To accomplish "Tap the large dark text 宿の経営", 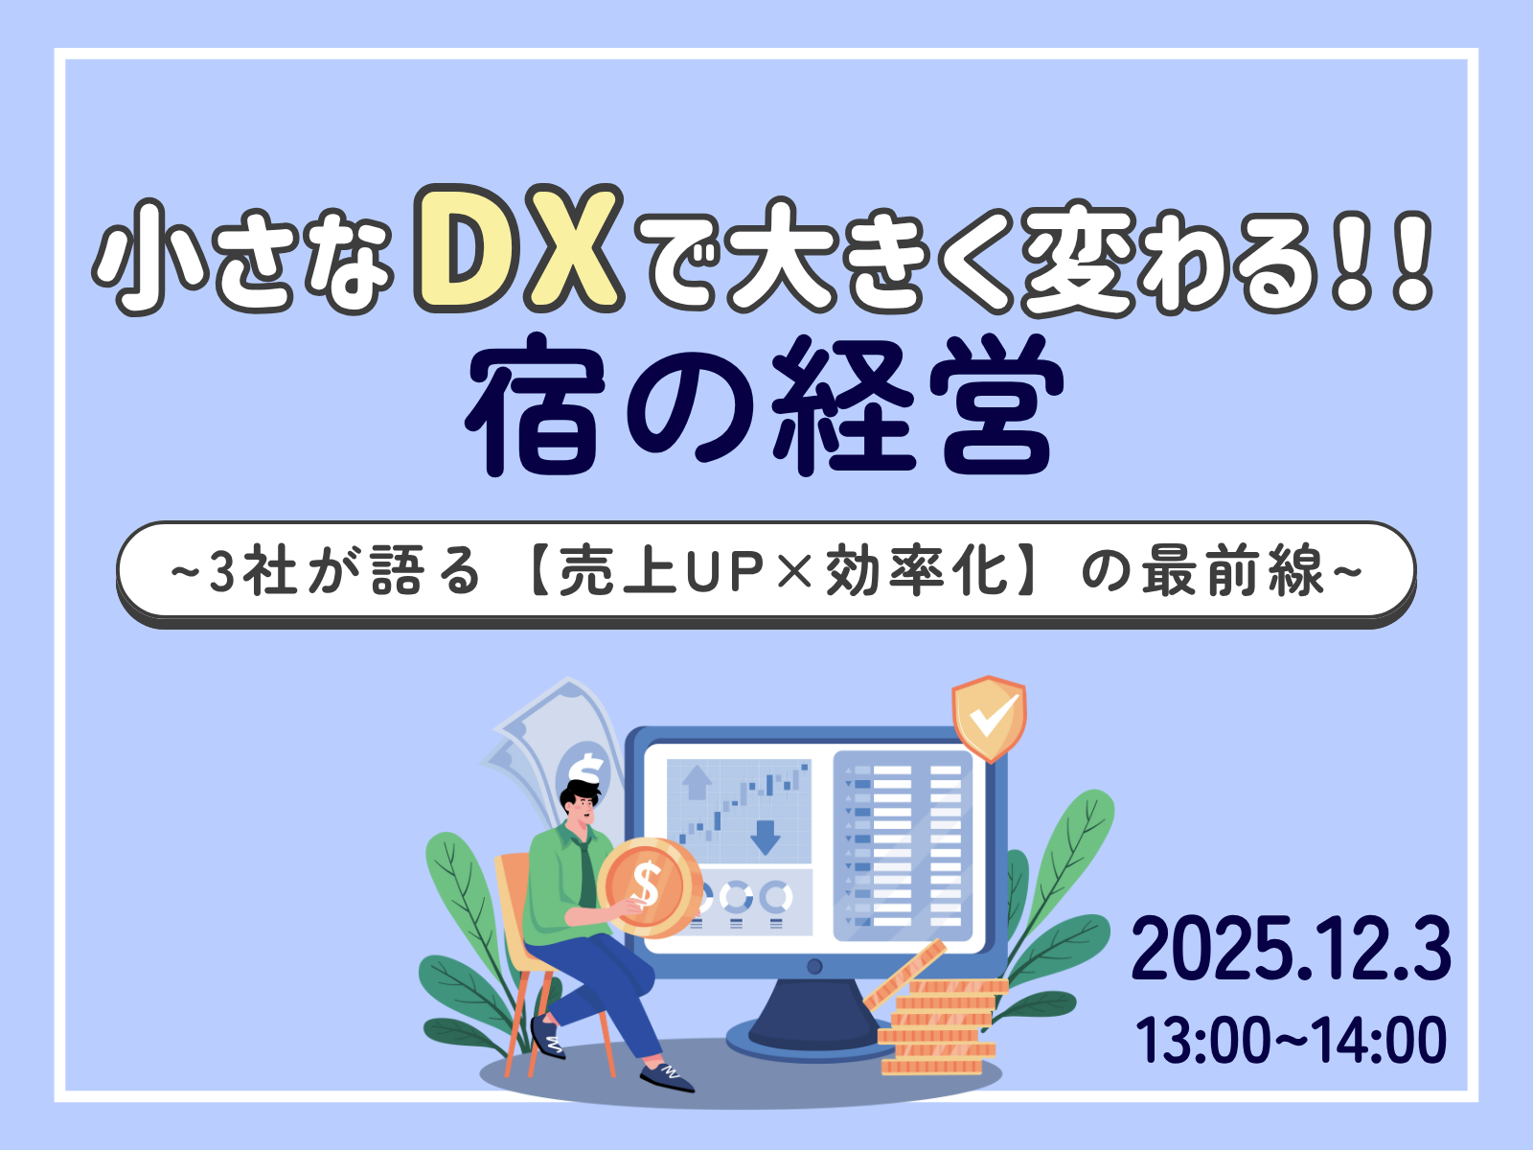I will (x=765, y=408).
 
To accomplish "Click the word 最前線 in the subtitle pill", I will (x=1232, y=572).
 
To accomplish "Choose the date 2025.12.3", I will (x=1290, y=949).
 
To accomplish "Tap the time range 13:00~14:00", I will (x=1291, y=1041).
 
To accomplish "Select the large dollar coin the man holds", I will (x=649, y=885).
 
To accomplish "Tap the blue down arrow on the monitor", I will (x=765, y=836).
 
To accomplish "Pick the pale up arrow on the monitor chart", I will (x=696, y=782).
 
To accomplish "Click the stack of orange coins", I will (x=939, y=1025).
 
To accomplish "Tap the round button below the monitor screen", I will (x=814, y=966).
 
